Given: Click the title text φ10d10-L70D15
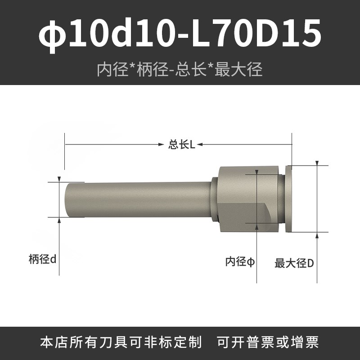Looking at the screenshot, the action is (180, 34).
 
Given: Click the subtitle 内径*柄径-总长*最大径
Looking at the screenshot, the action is (180, 69).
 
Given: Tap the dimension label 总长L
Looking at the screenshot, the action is (182, 144).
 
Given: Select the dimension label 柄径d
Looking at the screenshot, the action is (42, 259).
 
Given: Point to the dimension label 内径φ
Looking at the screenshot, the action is (240, 261).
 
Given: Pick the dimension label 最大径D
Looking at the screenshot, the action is (294, 263).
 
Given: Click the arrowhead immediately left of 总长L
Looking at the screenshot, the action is (162, 144).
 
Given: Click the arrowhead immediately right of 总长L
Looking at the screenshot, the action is (199, 144).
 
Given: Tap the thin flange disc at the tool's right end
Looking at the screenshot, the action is (288, 199).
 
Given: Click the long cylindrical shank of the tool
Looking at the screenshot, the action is (138, 199).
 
